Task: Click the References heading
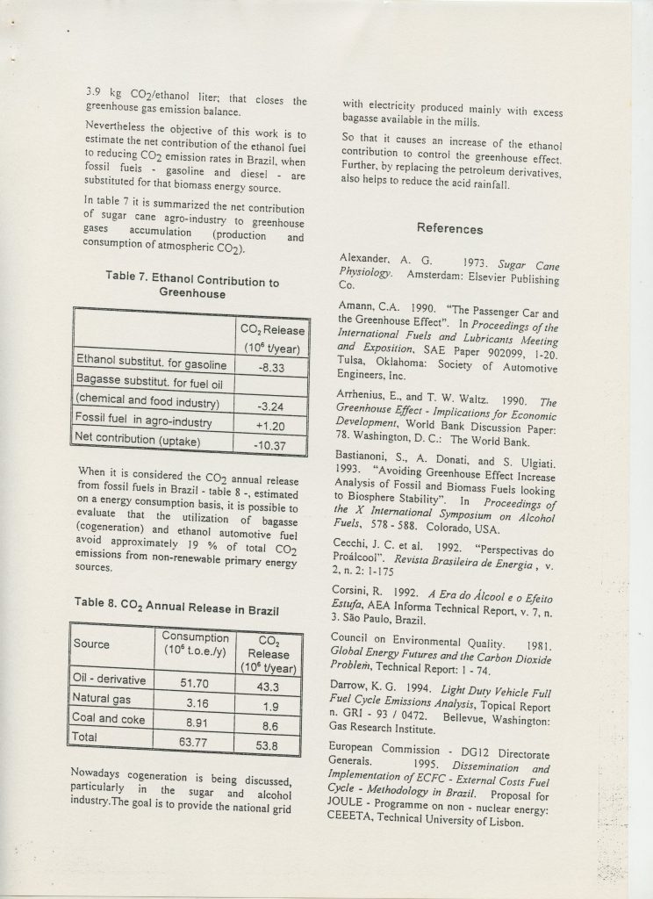click(449, 229)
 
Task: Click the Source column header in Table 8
click(92, 644)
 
